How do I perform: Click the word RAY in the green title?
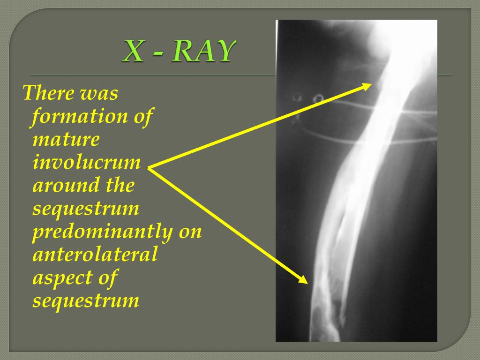[x=202, y=52]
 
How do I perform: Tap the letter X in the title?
[x=133, y=52]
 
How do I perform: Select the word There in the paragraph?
[x=48, y=93]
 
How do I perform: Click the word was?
[x=99, y=93]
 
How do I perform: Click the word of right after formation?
[x=143, y=116]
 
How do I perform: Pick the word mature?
[x=66, y=139]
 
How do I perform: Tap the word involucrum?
[x=87, y=162]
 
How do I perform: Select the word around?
[x=66, y=185]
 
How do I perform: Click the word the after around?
[x=120, y=185]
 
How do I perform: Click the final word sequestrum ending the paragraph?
[x=86, y=300]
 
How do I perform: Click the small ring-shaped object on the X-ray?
[x=319, y=99]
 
